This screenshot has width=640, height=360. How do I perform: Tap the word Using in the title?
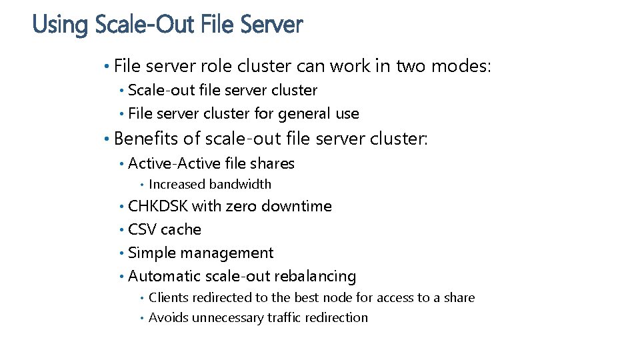[60, 25]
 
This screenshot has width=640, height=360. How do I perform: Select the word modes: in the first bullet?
[461, 66]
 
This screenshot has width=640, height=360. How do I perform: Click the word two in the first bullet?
[411, 66]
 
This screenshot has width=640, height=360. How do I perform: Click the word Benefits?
[147, 139]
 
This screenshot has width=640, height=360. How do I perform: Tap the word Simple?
[151, 253]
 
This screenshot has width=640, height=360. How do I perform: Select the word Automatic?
[164, 276]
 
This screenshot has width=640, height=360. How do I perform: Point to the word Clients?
[169, 298]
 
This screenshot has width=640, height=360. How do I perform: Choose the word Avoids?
[168, 318]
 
